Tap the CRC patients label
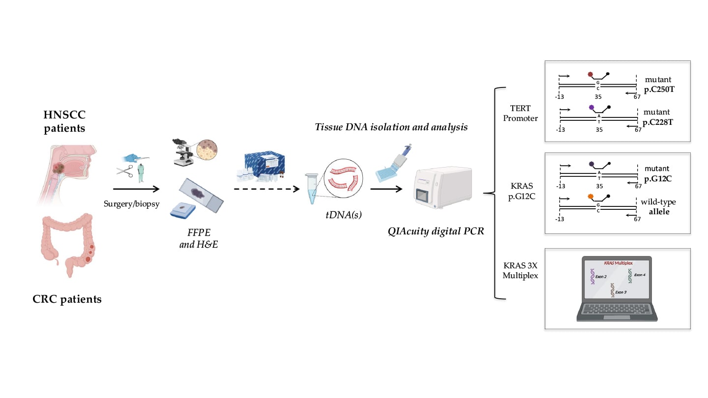(x=67, y=299)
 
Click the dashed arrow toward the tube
(x=266, y=188)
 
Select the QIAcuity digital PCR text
(x=436, y=230)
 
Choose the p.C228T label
(x=658, y=121)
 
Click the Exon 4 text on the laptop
(x=640, y=275)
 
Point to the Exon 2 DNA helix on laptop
(x=592, y=277)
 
